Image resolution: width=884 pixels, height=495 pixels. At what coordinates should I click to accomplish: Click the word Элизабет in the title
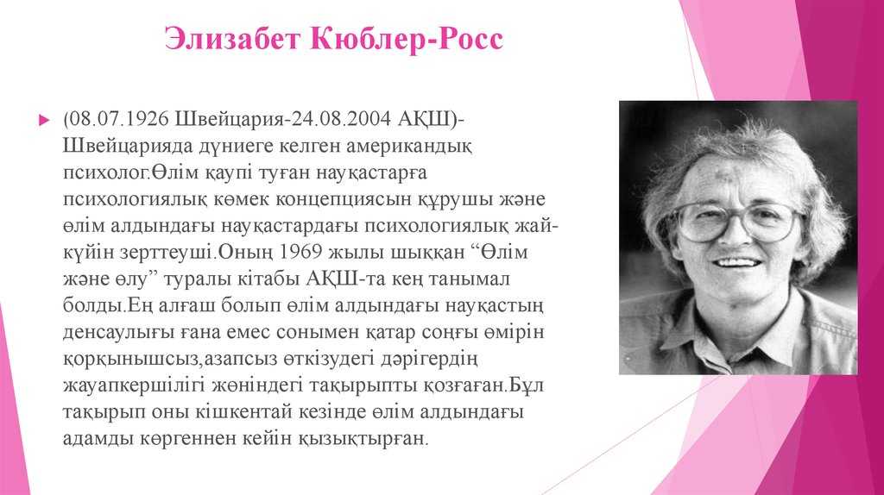click(x=231, y=40)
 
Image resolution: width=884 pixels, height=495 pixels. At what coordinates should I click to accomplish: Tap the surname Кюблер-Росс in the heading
click(x=407, y=40)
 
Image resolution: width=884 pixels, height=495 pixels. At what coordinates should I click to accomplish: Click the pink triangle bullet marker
click(x=44, y=120)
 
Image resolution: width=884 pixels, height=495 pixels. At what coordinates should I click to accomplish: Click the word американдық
click(x=408, y=147)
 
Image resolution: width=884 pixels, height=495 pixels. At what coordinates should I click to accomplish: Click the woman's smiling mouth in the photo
click(x=738, y=262)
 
